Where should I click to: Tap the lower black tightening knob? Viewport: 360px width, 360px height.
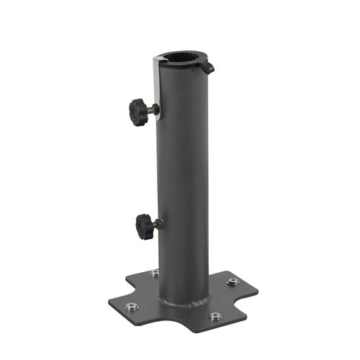click(x=145, y=226)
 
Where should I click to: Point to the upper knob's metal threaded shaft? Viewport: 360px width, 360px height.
click(x=153, y=109)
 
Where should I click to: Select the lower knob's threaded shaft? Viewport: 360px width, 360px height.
click(x=157, y=225)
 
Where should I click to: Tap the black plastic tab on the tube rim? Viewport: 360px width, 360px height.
click(x=208, y=68)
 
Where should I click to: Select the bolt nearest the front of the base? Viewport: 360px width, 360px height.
click(x=215, y=316)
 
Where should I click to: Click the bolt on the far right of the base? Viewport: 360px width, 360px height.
click(x=233, y=282)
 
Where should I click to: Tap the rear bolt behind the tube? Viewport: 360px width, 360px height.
click(x=155, y=274)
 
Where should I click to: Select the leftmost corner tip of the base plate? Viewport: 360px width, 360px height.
click(x=109, y=302)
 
